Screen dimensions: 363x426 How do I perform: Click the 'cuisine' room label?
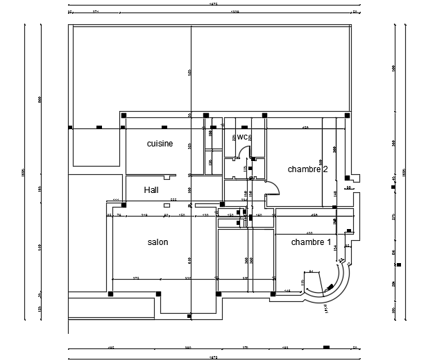tap(160, 144)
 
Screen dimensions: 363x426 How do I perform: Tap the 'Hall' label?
tap(152, 189)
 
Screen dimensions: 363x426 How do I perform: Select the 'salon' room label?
tap(157, 242)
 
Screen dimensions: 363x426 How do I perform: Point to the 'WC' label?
tap(243, 137)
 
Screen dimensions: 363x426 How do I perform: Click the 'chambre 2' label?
tap(307, 169)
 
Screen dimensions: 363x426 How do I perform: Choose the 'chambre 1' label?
tap(310, 242)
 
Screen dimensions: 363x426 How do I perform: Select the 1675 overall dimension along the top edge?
tap(212, 5)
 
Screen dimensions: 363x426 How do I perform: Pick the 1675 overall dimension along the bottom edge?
tap(212, 357)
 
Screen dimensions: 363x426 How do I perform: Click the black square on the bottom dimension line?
tap(325, 347)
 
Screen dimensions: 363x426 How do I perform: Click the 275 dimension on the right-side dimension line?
tap(393, 217)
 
